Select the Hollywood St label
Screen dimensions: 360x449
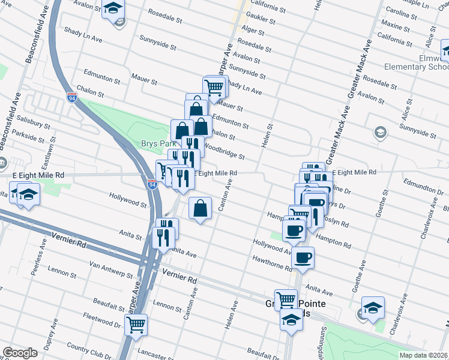tap(128, 200)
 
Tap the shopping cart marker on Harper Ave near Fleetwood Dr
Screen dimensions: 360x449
tap(136, 325)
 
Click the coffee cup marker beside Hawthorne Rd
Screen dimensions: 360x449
tap(303, 258)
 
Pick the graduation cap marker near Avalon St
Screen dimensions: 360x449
tap(112, 10)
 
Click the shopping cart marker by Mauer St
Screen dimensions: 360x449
tap(214, 87)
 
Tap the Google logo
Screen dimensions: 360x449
tap(20, 353)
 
